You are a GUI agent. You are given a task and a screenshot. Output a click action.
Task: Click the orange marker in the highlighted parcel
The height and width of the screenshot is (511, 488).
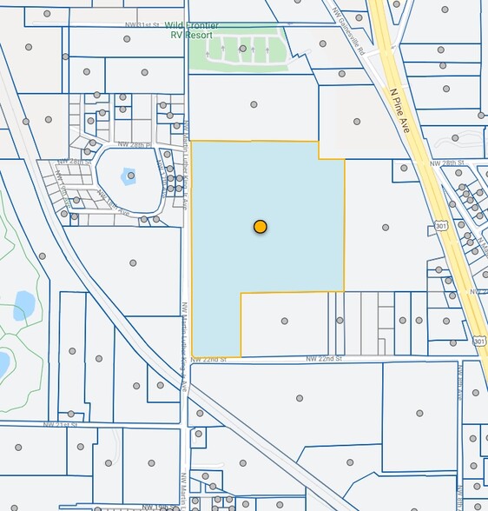click(x=260, y=227)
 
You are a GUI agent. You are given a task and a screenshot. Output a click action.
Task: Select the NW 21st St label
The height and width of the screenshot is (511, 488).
click(x=61, y=424)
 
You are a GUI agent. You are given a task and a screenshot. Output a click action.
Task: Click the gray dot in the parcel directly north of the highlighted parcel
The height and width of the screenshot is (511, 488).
click(x=254, y=104)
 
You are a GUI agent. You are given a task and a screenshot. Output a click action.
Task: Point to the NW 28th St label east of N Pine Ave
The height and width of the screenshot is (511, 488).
click(x=446, y=163)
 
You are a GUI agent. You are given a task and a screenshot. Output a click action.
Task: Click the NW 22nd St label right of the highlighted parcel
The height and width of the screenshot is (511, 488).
click(x=323, y=358)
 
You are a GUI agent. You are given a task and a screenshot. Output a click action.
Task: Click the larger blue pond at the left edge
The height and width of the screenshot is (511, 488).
click(x=23, y=304)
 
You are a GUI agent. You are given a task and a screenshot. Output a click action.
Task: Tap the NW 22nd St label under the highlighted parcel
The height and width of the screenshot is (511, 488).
click(x=208, y=358)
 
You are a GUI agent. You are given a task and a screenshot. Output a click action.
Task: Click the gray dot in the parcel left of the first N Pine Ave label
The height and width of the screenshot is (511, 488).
click(x=356, y=122)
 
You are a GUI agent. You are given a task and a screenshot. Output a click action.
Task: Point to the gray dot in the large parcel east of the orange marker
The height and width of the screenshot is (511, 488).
click(x=386, y=228)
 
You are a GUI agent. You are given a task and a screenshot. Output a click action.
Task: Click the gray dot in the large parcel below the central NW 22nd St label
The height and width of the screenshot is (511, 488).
click(x=299, y=398)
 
